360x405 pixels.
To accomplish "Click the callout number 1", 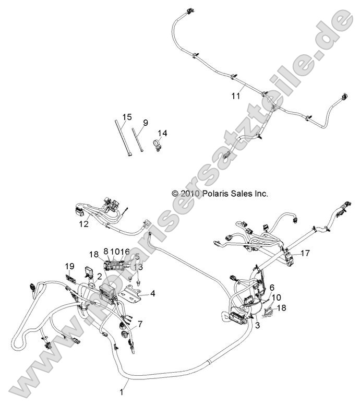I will [123, 389].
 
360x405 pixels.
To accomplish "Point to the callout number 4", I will [153, 293].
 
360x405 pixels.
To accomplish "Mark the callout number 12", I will [83, 224].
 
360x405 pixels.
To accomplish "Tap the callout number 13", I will [138, 267].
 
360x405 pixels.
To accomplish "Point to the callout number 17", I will [305, 253].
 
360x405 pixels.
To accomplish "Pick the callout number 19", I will [70, 266].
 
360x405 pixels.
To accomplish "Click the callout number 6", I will [272, 288].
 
